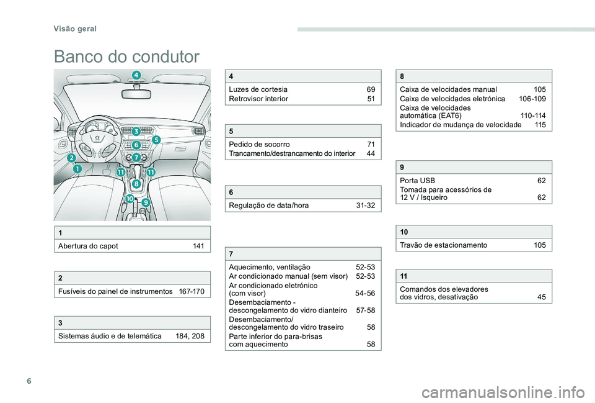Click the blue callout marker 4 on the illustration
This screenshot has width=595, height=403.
[x=136, y=76]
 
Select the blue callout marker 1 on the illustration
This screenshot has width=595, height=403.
[x=77, y=168]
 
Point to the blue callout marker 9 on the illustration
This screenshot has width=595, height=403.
[x=146, y=202]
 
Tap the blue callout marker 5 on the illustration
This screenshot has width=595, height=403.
[x=156, y=140]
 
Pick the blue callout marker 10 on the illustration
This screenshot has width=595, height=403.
[x=130, y=198]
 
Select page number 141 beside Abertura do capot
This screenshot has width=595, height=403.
[x=198, y=246]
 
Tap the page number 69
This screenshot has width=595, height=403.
[x=370, y=89]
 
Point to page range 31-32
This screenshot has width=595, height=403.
[x=365, y=205]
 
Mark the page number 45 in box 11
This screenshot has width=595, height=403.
[x=542, y=297]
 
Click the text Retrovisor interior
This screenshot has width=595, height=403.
[x=258, y=98]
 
